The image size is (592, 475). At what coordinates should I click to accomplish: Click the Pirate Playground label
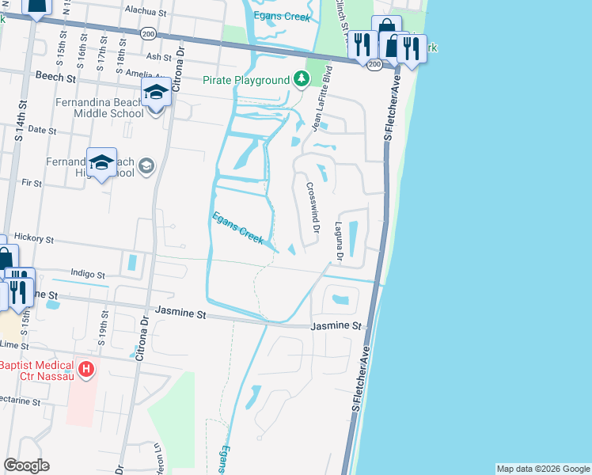pyautogui.click(x=246, y=80)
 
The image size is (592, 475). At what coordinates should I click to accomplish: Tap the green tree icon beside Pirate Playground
pyautogui.click(x=301, y=79)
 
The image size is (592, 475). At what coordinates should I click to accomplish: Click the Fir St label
pyautogui.click(x=32, y=182)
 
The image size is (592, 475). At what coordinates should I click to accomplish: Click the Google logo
pyautogui.click(x=27, y=465)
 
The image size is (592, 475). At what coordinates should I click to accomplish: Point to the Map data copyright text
pyautogui.click(x=542, y=469)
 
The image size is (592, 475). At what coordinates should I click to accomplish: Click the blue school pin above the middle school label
pyautogui.click(x=156, y=94)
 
